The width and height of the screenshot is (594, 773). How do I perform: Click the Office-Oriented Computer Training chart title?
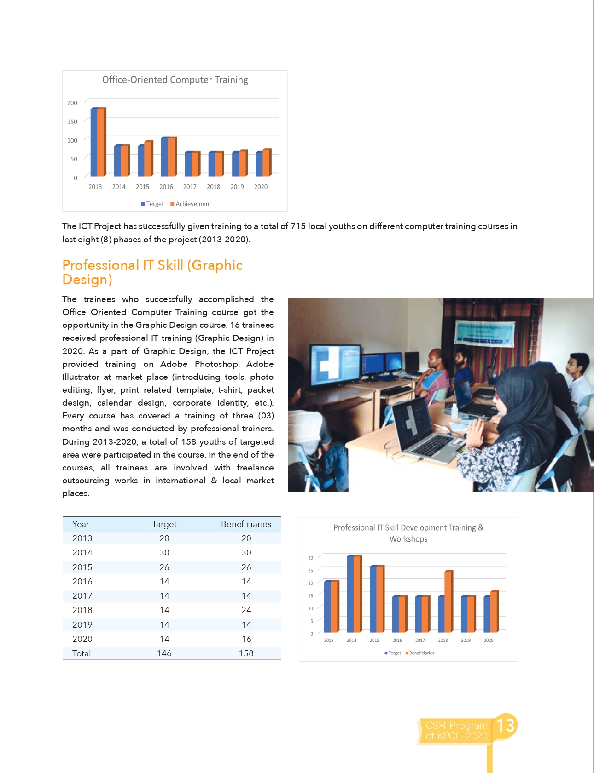tap(175, 80)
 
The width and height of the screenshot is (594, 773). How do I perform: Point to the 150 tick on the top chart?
tap(72, 121)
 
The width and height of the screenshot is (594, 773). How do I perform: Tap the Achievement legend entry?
tap(193, 204)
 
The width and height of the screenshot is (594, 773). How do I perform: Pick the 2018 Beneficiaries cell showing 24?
tap(246, 610)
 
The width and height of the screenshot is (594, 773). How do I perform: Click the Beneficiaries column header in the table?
tap(246, 524)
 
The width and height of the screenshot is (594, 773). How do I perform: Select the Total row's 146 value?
tap(164, 653)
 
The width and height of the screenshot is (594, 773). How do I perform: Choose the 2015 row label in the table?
tap(82, 567)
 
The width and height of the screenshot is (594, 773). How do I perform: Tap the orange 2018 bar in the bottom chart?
tap(448, 601)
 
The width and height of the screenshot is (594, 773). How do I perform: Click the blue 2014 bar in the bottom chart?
tap(350, 594)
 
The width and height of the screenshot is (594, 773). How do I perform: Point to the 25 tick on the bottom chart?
tap(310, 571)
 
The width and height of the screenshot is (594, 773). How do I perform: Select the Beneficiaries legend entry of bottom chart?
tap(421, 653)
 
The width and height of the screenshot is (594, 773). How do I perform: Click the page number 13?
tap(505, 726)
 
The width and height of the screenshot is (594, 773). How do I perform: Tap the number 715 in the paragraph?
tap(298, 226)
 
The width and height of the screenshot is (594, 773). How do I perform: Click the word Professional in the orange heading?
tap(100, 265)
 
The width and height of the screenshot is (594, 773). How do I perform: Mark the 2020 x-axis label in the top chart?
tap(261, 187)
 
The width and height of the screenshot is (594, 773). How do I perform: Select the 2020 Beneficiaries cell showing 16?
tap(246, 639)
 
